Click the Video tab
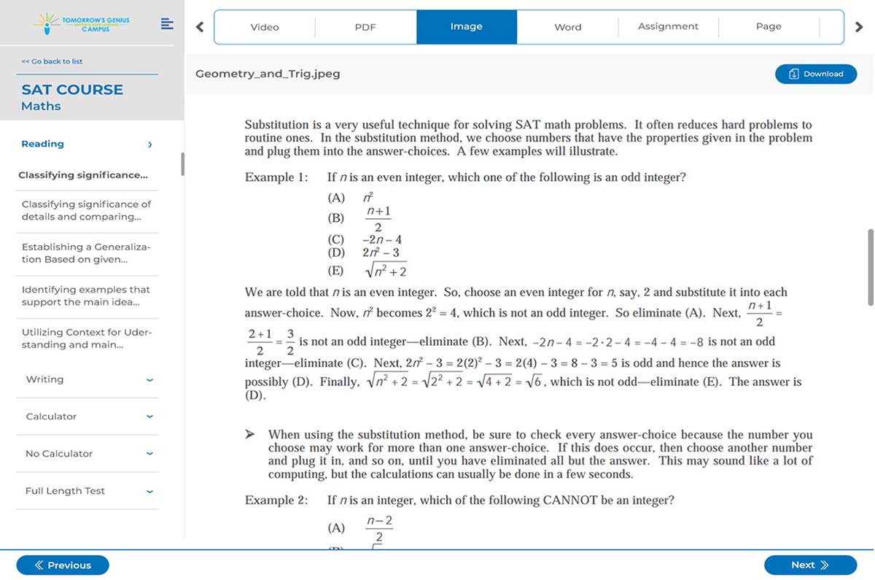click(x=265, y=27)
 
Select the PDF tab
click(x=365, y=27)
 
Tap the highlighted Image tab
click(x=467, y=27)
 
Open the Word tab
click(x=567, y=27)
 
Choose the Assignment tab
click(x=668, y=27)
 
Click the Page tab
click(x=769, y=27)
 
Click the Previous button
click(x=63, y=565)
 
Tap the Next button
click(x=810, y=565)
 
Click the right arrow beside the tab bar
click(x=859, y=27)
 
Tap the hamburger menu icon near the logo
click(x=167, y=24)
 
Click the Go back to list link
click(x=52, y=61)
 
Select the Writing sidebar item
click(x=44, y=379)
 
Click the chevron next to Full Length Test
click(x=149, y=492)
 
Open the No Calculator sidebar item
click(x=59, y=454)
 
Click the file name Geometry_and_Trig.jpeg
click(x=268, y=74)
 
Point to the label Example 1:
click(x=276, y=177)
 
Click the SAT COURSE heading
click(x=72, y=90)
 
